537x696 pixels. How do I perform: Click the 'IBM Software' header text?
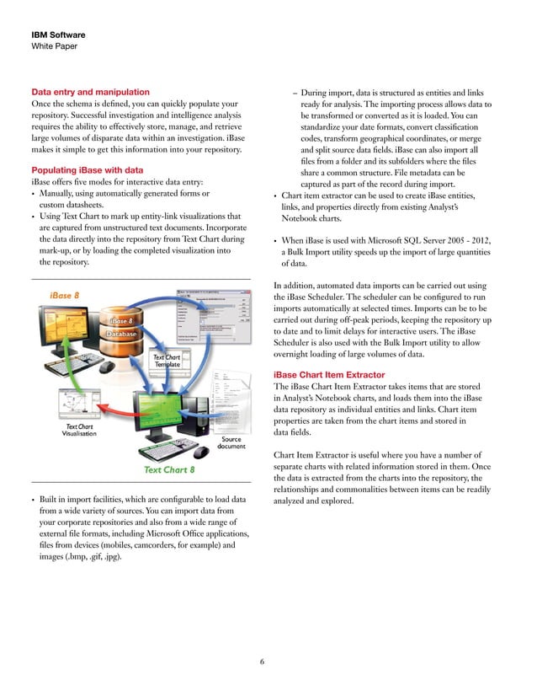[x=57, y=35]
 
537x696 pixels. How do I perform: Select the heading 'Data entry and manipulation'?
[x=90, y=91]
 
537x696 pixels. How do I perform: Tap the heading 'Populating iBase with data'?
[x=87, y=170]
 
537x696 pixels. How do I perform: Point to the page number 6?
[x=263, y=661]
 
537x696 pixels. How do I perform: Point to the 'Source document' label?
[x=231, y=444]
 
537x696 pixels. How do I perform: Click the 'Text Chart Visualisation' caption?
[x=79, y=431]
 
